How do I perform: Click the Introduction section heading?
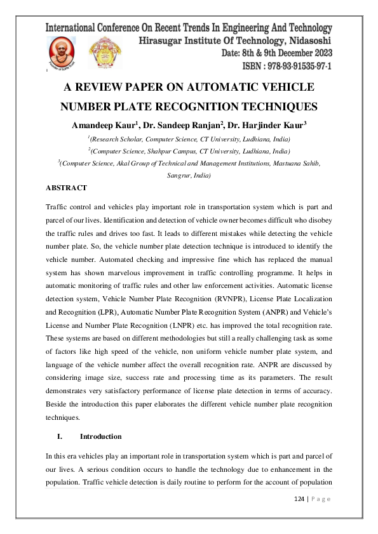click(100, 436)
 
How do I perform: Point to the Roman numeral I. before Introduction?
click(60, 436)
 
